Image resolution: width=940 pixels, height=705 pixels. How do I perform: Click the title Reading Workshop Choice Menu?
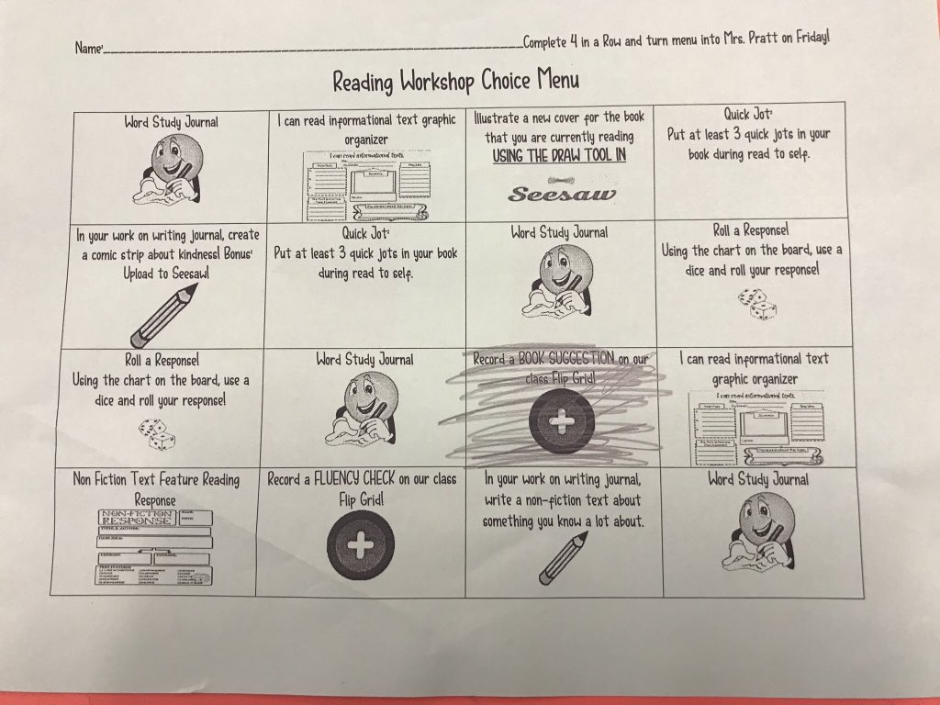click(x=455, y=81)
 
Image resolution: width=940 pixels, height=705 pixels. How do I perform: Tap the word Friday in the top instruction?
click(x=808, y=39)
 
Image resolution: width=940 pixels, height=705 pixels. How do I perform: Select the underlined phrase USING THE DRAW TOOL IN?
click(x=559, y=155)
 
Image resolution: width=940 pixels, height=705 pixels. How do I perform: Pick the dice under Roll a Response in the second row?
click(x=757, y=302)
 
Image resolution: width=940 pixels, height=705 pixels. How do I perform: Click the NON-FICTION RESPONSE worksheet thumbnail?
click(x=155, y=548)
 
